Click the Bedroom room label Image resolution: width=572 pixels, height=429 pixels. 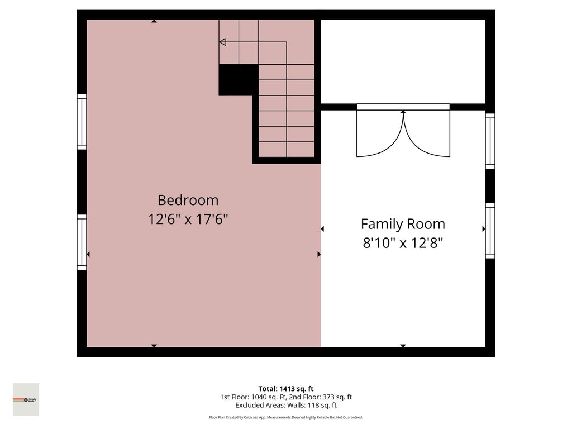(x=188, y=200)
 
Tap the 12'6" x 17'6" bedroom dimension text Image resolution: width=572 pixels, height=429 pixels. (x=188, y=219)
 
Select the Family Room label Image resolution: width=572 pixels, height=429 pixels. (x=403, y=224)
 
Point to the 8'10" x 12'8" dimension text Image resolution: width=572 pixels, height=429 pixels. (x=403, y=243)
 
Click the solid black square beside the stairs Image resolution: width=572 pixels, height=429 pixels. (x=238, y=79)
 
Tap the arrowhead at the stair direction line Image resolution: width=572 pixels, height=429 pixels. (x=222, y=42)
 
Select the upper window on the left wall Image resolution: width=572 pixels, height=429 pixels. (x=82, y=122)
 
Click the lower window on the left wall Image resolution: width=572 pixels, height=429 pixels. (x=82, y=243)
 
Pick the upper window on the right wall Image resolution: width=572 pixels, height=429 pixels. (x=490, y=141)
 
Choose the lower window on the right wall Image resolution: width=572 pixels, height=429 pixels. (x=490, y=231)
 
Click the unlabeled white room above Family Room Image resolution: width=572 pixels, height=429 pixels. (x=403, y=61)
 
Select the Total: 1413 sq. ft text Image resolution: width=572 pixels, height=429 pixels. (x=285, y=389)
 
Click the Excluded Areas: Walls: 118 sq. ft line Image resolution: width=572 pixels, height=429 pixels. (x=285, y=406)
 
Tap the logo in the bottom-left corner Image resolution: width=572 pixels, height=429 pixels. (x=26, y=399)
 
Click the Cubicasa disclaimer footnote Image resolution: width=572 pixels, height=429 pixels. (x=285, y=417)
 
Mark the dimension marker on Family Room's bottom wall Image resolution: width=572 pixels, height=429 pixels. (x=403, y=346)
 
